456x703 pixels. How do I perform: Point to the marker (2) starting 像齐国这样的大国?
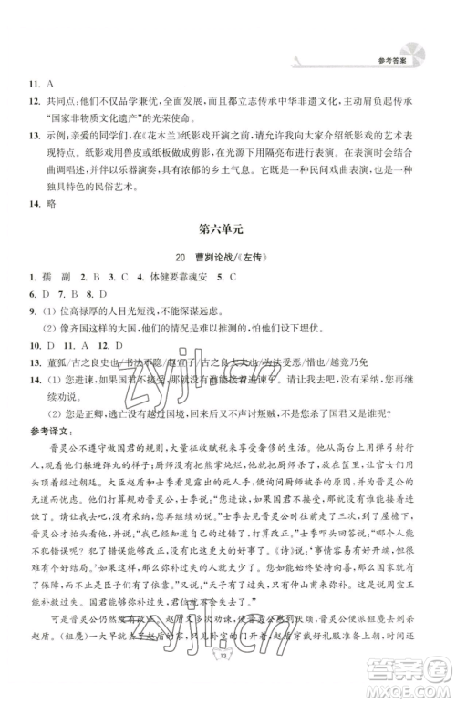[54, 333]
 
